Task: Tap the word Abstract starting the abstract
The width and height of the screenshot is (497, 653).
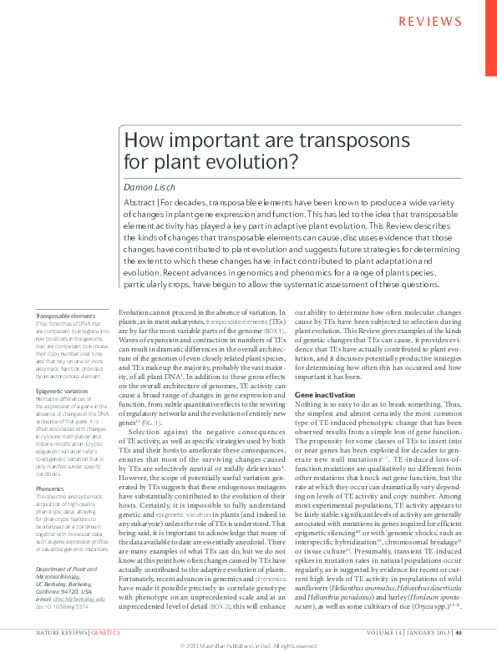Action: [x=139, y=203]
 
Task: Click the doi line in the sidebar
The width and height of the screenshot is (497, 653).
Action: [x=63, y=606]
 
